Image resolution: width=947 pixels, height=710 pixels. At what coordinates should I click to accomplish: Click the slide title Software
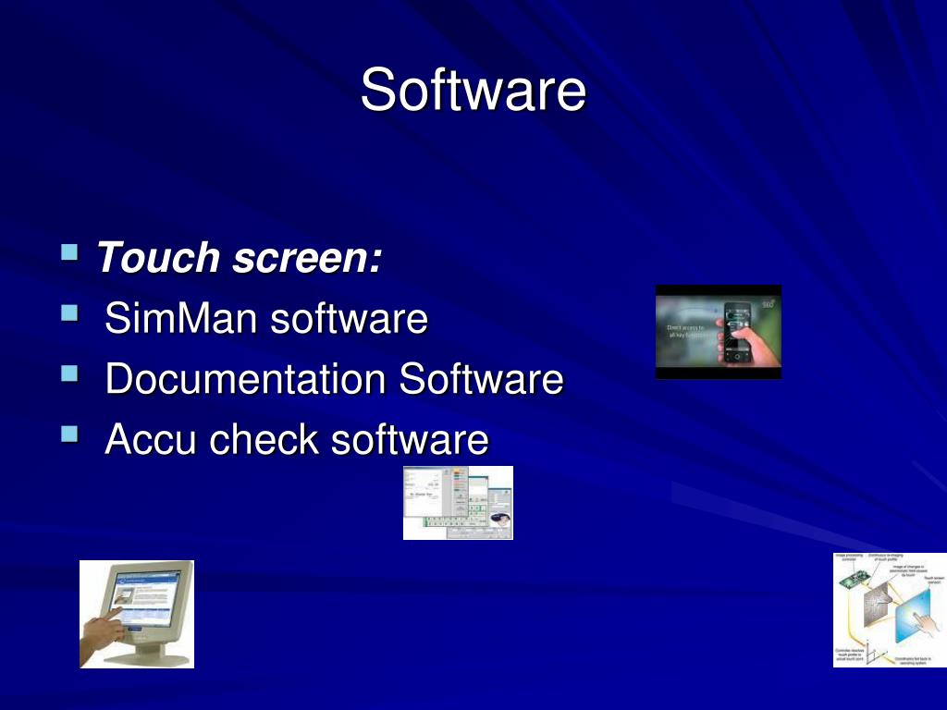473,90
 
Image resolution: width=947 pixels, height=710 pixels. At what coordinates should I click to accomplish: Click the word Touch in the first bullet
157,257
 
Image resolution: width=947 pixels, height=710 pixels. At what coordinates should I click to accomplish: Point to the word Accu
151,439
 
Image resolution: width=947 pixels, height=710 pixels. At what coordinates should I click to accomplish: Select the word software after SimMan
349,319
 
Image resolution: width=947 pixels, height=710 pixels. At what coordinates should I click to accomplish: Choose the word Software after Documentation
481,379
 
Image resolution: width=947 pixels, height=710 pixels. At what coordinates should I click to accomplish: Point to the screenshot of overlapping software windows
458,503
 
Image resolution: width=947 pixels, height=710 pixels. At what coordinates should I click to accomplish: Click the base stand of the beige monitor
148,655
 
